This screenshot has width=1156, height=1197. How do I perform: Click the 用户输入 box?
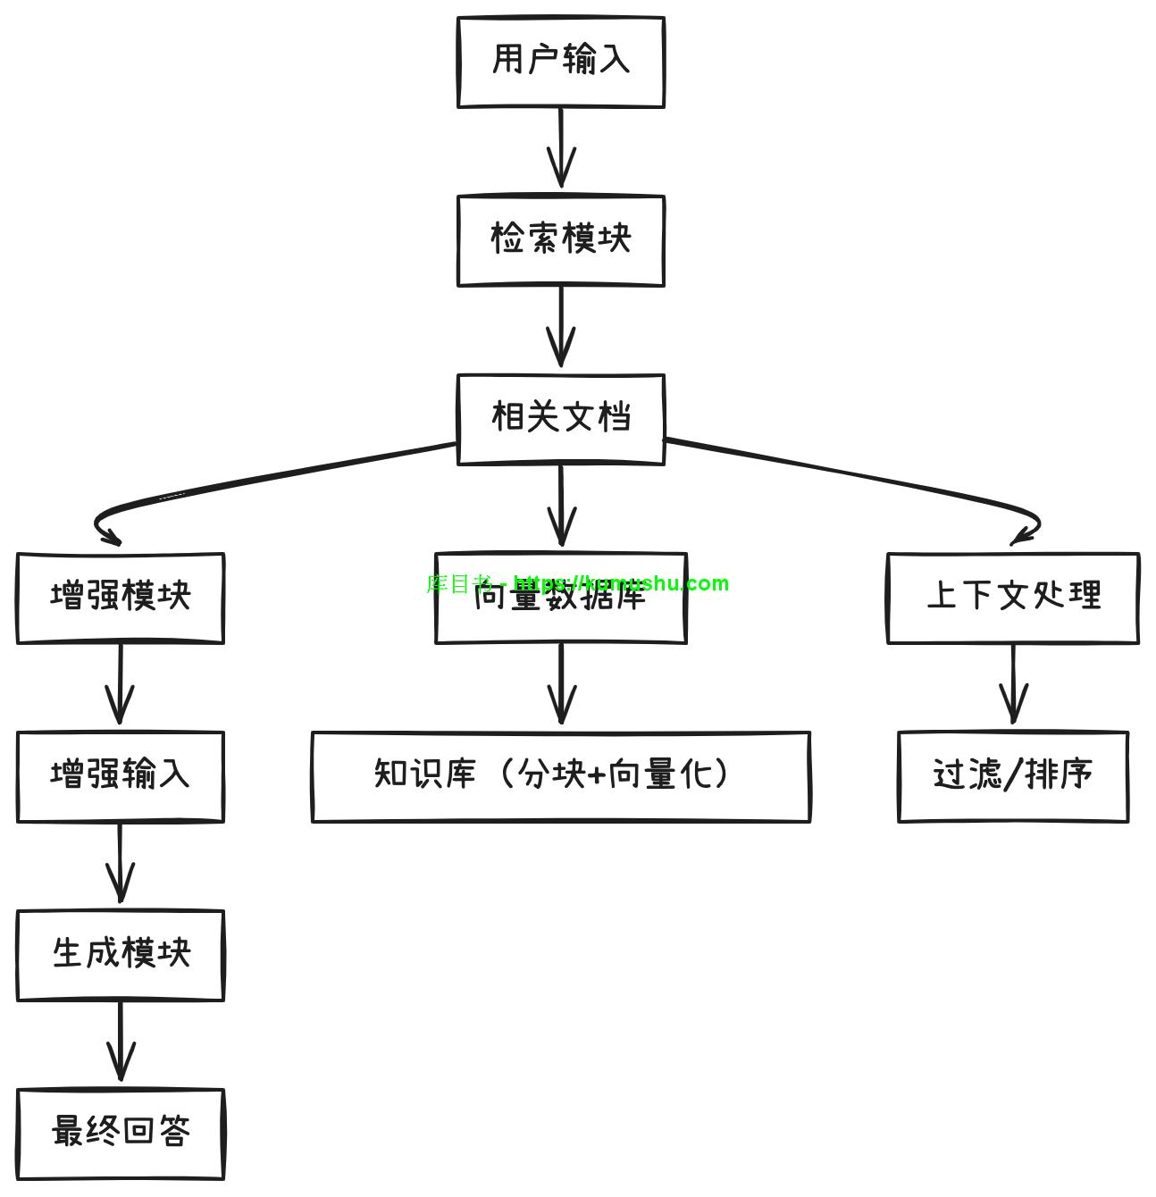point(561,62)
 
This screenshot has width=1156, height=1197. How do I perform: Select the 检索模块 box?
point(561,240)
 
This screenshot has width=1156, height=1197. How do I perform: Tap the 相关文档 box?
point(561,419)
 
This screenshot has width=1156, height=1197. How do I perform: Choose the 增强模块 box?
point(121,598)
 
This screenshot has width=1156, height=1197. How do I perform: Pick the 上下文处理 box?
point(1013,598)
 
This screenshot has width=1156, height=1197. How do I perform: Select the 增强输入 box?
point(121,776)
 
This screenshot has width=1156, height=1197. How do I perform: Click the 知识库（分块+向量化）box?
point(561,776)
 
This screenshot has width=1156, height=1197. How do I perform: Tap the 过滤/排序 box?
point(1013,776)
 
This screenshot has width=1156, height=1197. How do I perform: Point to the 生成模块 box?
point(121,955)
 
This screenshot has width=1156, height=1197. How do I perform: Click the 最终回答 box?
point(121,1134)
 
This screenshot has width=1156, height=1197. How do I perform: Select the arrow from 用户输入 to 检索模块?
point(561,147)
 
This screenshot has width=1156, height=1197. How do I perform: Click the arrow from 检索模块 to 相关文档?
point(561,326)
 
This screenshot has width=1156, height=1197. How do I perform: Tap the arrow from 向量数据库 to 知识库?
point(561,683)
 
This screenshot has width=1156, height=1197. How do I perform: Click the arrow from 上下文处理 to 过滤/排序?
point(1013,683)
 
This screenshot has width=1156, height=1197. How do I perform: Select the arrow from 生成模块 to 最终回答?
point(121,1041)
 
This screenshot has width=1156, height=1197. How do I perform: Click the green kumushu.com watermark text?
point(577,583)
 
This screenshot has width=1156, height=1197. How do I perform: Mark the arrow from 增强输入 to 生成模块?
point(121,862)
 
